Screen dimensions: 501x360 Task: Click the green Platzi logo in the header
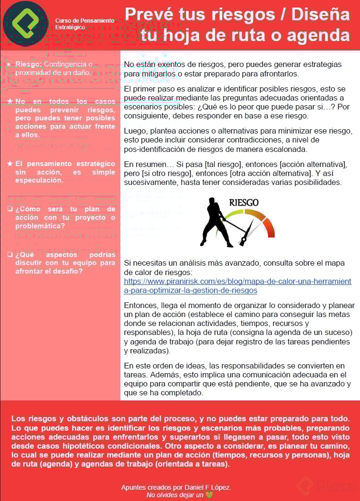tap(25, 23)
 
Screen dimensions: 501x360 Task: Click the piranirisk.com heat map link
tap(237, 285)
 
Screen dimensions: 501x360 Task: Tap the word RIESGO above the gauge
tap(243, 202)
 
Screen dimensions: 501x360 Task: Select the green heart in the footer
tap(209, 495)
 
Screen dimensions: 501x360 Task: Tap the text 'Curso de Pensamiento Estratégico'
tap(84, 24)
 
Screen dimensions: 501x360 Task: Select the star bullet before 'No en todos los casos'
tap(10, 101)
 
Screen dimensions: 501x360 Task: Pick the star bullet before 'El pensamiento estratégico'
tap(10, 164)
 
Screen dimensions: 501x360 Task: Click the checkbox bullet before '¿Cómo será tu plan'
tap(9, 209)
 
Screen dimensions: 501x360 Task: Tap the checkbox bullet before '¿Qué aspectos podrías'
tap(9, 254)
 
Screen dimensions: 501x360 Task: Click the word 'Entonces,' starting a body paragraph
tap(141, 305)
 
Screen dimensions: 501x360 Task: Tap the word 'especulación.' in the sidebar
tap(39, 180)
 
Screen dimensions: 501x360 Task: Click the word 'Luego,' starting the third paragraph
tap(134, 131)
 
